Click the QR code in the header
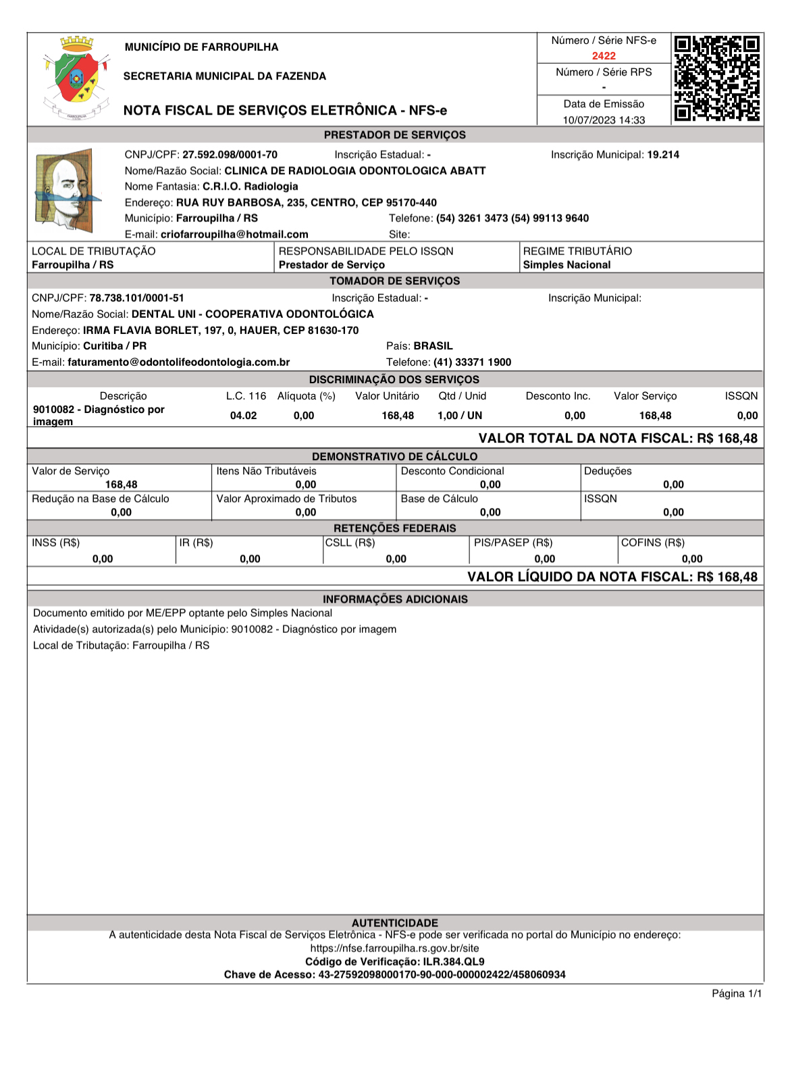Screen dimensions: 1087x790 (x=717, y=78)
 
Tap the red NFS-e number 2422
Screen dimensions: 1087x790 (x=604, y=56)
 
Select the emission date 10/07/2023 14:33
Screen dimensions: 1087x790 (x=604, y=120)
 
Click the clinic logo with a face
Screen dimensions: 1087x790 (x=66, y=190)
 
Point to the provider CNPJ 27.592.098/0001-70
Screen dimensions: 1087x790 (x=230, y=155)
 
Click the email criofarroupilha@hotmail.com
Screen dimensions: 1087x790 (x=234, y=234)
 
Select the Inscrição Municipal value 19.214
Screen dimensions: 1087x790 (x=663, y=155)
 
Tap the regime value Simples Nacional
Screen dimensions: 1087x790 (x=567, y=264)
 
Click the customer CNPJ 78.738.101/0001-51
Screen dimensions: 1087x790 (x=136, y=298)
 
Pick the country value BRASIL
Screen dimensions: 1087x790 (x=433, y=345)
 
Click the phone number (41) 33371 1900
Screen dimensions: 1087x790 (x=472, y=362)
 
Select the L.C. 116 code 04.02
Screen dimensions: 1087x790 (x=243, y=416)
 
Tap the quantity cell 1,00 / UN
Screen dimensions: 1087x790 (x=460, y=416)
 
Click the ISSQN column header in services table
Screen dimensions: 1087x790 (x=741, y=396)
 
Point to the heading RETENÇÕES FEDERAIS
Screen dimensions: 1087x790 (x=394, y=528)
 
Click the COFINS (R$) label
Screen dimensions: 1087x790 (x=652, y=542)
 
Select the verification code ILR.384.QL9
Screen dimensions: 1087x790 (x=454, y=961)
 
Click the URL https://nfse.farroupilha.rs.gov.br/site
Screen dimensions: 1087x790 (x=394, y=948)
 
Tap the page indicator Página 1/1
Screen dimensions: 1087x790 (x=737, y=993)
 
